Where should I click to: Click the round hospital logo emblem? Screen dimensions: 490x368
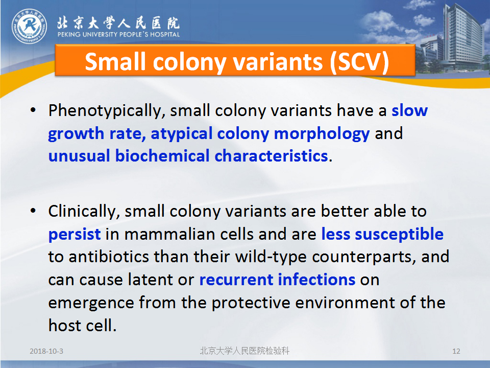[30, 26]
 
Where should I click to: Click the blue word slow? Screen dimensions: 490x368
[410, 110]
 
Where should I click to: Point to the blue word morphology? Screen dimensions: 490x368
[322, 134]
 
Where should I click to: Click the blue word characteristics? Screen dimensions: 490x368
[271, 156]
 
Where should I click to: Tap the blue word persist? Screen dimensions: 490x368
[75, 235]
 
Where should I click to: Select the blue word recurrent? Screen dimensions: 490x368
[236, 280]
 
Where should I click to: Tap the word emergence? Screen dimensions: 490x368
[91, 303]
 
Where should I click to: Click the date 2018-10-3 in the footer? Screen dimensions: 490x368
[46, 351]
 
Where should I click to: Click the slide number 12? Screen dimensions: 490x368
[456, 351]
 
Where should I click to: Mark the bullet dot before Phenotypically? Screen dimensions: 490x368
[33, 110]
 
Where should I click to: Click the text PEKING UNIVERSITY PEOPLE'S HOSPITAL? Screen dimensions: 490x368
[118, 34]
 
